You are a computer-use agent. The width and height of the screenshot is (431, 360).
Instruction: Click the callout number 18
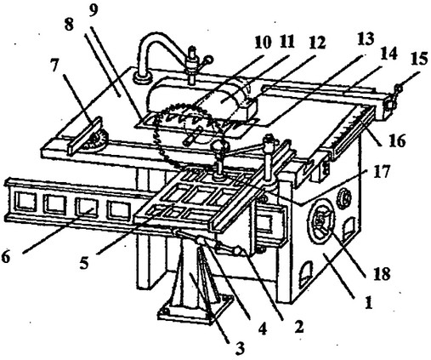coord(383,274)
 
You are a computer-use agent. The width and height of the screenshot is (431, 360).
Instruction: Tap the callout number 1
coord(368,302)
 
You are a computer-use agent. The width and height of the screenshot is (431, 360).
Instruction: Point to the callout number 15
coord(419,60)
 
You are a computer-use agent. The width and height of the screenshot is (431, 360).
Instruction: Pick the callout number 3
coord(240,348)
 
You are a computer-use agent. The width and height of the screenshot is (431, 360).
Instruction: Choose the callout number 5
coord(84,263)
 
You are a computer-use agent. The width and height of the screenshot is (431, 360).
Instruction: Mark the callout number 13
coord(366,39)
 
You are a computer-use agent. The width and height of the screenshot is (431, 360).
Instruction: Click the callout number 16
coord(398,141)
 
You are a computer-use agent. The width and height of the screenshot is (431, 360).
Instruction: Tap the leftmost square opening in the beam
coord(26,202)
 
